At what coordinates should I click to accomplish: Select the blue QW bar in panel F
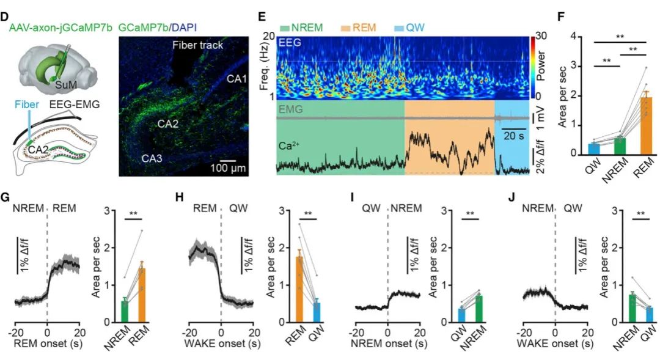(593, 149)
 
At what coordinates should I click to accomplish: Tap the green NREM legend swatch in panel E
(285, 28)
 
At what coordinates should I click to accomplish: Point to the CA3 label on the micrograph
(152, 158)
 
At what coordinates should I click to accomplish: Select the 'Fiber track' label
(197, 45)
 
